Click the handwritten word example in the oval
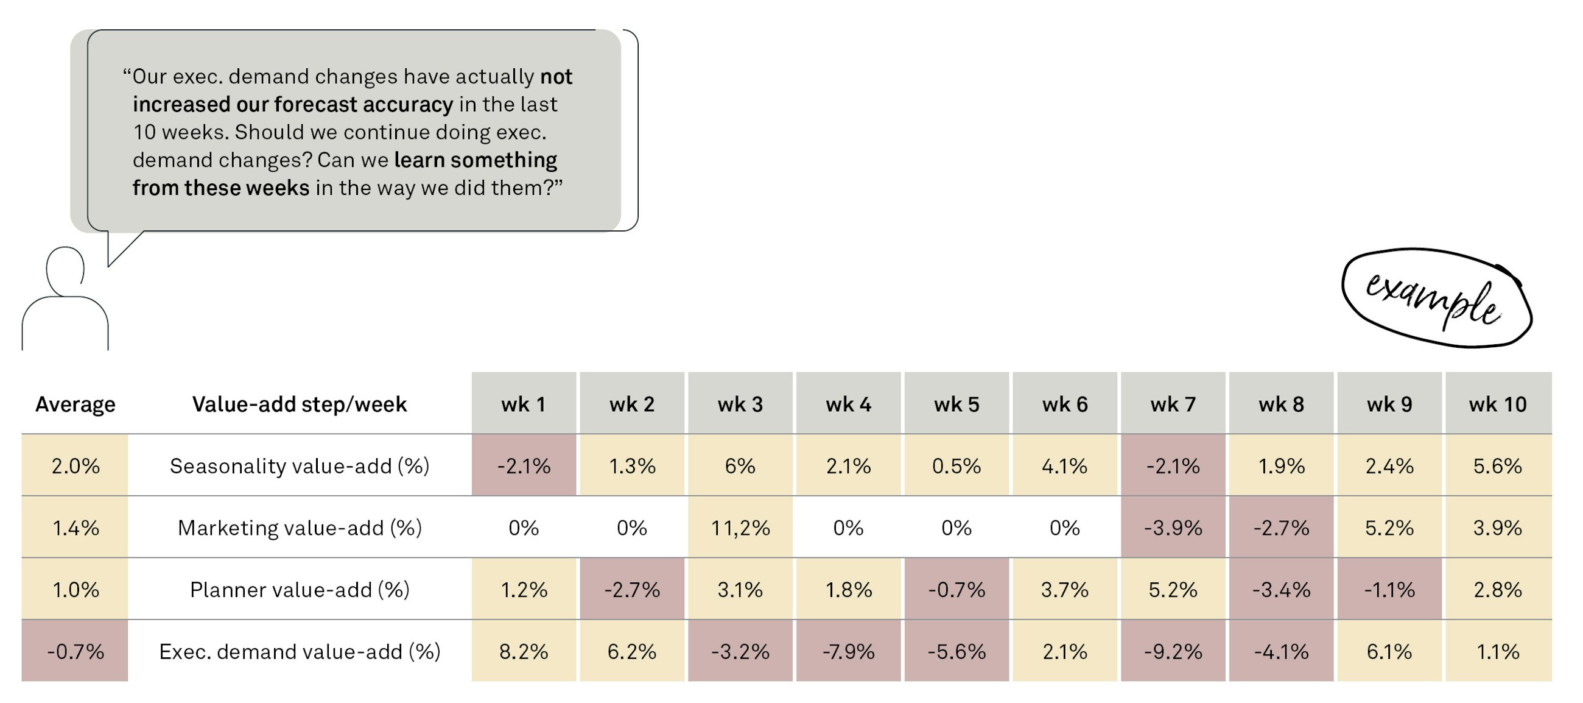coord(1434,299)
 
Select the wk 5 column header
coord(956,404)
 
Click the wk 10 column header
coord(1498,404)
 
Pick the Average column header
coord(75,404)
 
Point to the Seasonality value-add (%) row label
coord(300,465)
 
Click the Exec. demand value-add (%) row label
coord(300,651)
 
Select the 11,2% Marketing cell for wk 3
coord(740,528)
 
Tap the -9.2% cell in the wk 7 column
coord(1173,651)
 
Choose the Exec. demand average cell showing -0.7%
coord(75,651)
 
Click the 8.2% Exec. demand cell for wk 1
coord(524,651)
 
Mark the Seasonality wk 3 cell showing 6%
coord(740,465)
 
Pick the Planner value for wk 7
coord(1173,590)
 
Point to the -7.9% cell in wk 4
coord(848,651)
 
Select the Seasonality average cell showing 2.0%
coord(75,465)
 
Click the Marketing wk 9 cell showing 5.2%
coord(1389,528)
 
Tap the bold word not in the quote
coord(556,77)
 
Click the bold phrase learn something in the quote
coord(476,160)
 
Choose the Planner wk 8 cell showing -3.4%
coord(1281,590)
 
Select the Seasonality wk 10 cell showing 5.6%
coord(1498,465)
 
